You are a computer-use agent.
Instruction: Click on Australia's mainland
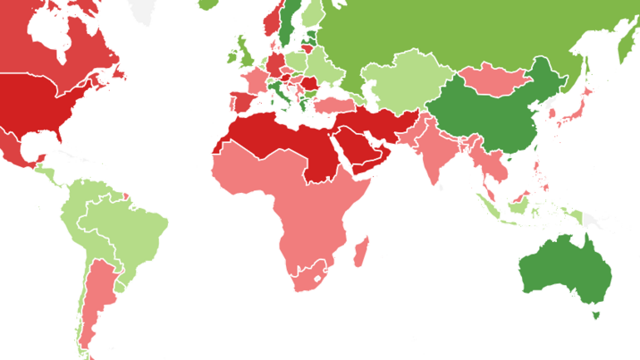pos(565,270)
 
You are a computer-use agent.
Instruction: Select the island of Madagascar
pos(361,252)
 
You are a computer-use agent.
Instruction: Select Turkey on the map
pos(336,106)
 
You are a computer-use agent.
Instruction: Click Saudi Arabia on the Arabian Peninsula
pos(353,150)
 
